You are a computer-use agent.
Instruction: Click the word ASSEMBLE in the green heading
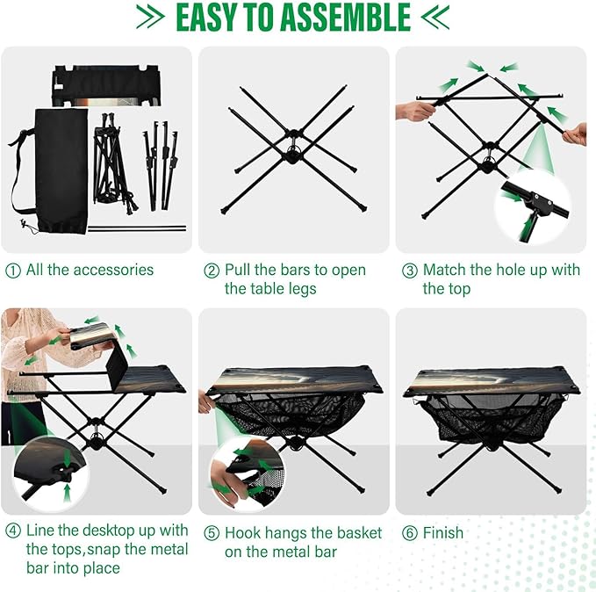pos(347,17)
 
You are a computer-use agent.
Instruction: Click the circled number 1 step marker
pos(13,271)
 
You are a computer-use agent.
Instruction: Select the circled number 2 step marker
pos(212,271)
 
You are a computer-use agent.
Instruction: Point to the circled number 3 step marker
pos(410,271)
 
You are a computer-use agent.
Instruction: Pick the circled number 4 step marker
pos(13,531)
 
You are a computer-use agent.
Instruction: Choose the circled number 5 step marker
pos(212,533)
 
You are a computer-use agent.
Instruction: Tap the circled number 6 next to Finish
pos(410,533)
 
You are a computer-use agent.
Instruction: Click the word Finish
pos(443,533)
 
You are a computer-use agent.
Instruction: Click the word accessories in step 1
pos(113,271)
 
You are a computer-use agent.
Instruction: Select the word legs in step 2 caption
pos(302,289)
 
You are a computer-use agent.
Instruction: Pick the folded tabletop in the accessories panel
pos(105,86)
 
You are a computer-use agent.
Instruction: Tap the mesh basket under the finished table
pos(492,419)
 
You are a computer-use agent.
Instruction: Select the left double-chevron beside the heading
pos(150,17)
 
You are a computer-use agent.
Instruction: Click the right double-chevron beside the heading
pos(435,17)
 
